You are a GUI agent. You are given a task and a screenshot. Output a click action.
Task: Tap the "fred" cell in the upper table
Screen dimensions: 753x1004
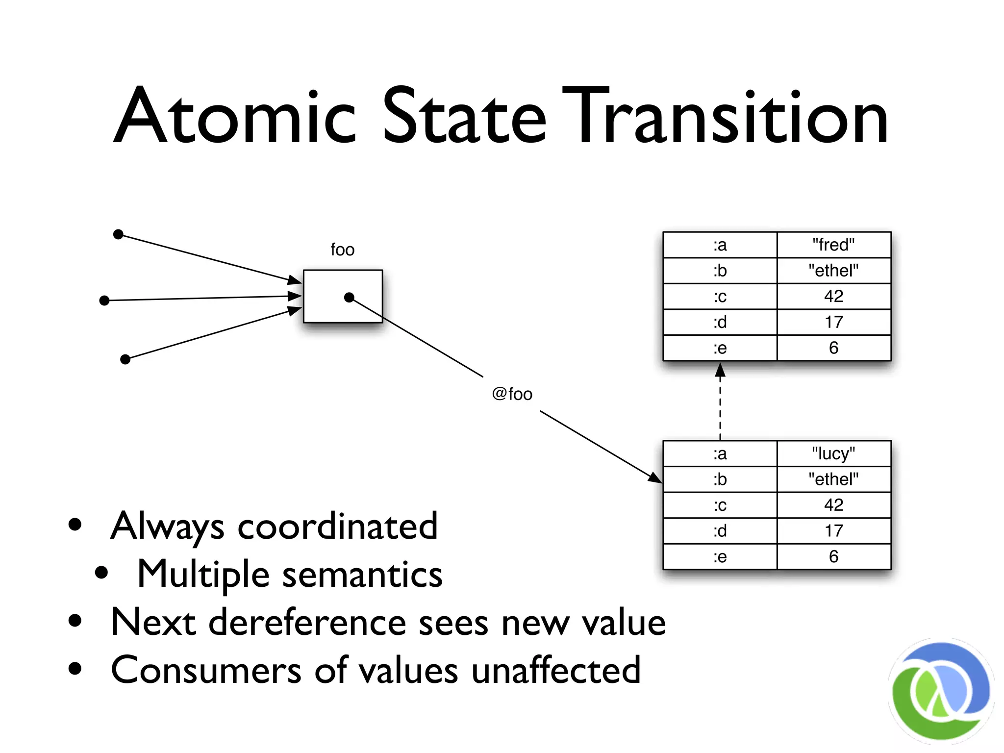833,245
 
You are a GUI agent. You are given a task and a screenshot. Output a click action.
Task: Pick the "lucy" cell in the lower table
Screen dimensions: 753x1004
833,453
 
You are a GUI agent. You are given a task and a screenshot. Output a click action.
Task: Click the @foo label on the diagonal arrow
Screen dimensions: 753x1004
512,394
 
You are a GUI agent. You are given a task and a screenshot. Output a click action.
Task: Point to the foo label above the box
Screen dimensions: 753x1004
342,250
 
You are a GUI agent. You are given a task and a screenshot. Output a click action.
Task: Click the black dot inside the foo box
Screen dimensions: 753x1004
349,298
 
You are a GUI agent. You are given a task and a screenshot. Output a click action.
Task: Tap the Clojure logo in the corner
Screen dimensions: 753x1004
940,691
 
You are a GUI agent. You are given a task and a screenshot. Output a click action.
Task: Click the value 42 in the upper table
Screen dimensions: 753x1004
833,296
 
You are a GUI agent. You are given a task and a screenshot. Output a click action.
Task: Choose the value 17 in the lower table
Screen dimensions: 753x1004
833,531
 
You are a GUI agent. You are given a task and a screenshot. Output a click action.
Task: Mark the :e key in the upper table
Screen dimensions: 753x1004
720,348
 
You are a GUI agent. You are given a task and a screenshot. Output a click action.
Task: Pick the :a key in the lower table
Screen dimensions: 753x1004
720,453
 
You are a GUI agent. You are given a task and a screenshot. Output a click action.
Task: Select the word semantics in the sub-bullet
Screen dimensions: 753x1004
362,575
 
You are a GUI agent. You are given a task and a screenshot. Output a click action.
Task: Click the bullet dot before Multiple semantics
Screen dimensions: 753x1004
101,572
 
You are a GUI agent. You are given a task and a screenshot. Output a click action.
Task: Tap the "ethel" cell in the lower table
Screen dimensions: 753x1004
833,479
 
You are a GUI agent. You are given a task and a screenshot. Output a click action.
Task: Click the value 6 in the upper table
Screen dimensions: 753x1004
833,348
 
